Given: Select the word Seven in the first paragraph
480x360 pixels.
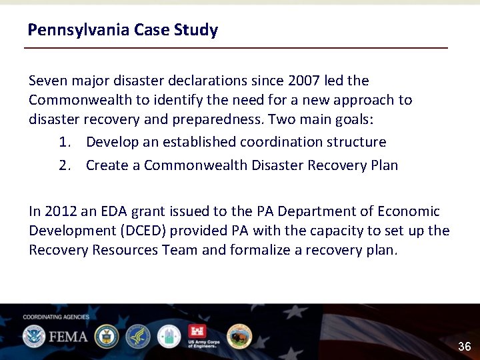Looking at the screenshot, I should click(47, 81).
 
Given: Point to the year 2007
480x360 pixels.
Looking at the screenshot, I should click(303, 81).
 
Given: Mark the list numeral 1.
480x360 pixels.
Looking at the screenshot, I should click(64, 142).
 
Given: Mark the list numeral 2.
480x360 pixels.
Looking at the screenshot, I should click(64, 165).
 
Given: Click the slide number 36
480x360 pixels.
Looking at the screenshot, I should click(464, 346).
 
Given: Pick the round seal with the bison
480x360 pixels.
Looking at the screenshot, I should click(239, 336).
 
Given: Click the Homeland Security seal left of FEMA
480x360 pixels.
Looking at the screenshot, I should click(33, 336).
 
